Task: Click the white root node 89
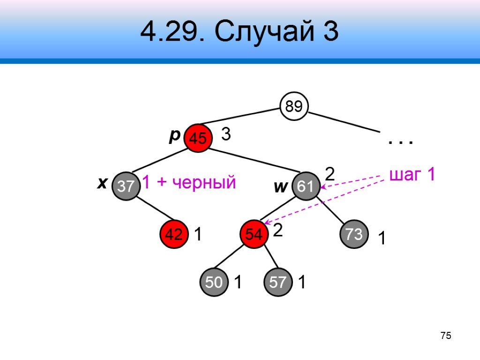[x=294, y=107]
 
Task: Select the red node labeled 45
[x=197, y=138]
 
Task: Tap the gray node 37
[x=126, y=187]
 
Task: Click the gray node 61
[x=306, y=187]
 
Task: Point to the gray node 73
[x=354, y=234]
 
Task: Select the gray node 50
[x=214, y=283]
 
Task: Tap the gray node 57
[x=277, y=283]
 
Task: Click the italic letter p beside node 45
[x=174, y=135]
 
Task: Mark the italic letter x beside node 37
[x=100, y=184]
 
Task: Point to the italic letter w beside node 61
[x=280, y=187]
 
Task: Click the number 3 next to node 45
[x=226, y=135]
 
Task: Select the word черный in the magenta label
[x=202, y=183]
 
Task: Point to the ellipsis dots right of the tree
[x=400, y=141]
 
